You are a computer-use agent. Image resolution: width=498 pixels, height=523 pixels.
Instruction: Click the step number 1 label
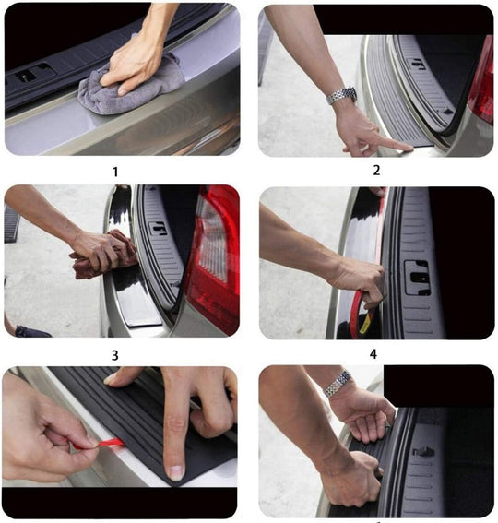[x=115, y=172]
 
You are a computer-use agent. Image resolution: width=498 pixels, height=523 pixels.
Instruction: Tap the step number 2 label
[x=376, y=170]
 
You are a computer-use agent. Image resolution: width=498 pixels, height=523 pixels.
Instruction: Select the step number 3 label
[x=115, y=354]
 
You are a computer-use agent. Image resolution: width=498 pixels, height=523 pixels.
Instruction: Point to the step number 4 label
[x=373, y=352]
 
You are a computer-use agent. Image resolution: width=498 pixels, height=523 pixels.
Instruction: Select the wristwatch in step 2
[x=342, y=96]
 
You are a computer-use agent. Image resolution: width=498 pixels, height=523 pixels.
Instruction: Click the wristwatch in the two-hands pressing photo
[x=338, y=382]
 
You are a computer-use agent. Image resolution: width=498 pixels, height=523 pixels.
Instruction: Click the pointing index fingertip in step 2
[x=405, y=145]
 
